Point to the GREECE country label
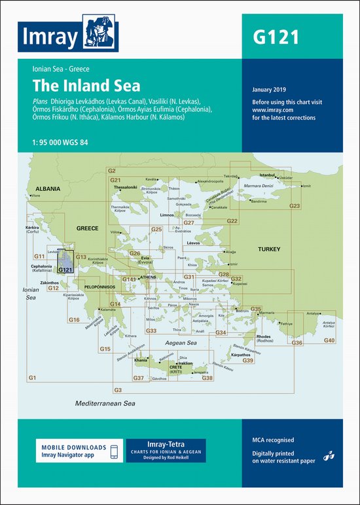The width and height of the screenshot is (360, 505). tap(87, 228)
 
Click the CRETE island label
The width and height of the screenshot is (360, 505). tap(176, 368)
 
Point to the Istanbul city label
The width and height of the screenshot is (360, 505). tap(268, 175)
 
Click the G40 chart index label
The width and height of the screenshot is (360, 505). tap(329, 341)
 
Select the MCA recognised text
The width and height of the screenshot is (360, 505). tap(273, 440)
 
